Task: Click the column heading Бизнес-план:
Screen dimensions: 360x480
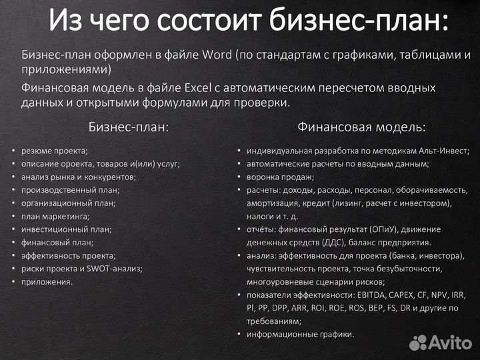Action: pos(129,127)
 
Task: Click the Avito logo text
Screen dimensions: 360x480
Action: pos(450,343)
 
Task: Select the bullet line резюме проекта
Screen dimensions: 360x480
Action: pos(54,151)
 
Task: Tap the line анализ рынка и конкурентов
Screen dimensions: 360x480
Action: pos(78,177)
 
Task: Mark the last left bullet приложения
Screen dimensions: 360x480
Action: pos(47,281)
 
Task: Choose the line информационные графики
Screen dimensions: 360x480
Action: pos(300,334)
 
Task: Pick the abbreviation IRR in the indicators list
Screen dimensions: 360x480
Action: pos(459,295)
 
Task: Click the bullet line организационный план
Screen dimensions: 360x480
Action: pos(68,203)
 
